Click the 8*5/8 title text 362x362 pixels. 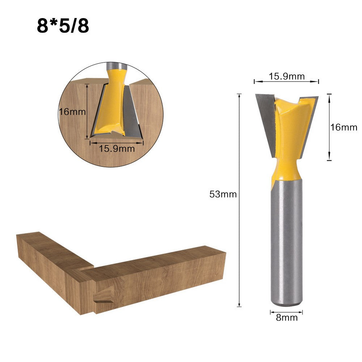[63, 26]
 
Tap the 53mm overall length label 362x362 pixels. [223, 194]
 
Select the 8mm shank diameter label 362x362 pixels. [287, 318]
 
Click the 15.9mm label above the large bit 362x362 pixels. [286, 76]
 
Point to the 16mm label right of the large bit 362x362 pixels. [344, 127]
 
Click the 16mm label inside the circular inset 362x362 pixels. [73, 111]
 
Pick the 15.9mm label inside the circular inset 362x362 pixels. [117, 148]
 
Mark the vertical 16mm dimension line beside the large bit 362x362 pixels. [329, 127]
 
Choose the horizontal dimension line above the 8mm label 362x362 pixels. [286, 312]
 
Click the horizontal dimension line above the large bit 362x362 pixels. [286, 82]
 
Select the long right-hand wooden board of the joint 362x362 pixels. [159, 279]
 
